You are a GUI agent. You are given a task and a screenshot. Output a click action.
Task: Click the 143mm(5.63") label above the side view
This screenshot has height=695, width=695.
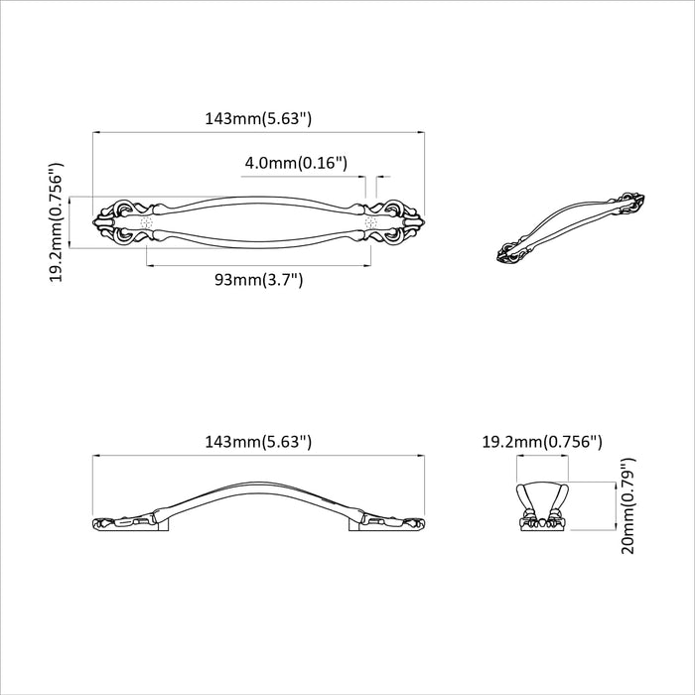(258, 441)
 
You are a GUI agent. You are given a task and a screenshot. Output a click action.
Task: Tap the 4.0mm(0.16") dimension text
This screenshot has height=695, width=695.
(295, 162)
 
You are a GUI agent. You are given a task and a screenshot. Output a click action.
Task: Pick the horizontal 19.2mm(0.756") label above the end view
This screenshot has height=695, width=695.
(542, 441)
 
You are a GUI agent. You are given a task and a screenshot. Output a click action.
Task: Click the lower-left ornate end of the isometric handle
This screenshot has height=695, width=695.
(517, 253)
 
